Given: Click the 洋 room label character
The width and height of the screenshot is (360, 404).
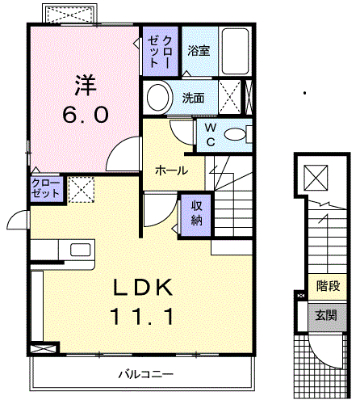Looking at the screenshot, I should [86, 84].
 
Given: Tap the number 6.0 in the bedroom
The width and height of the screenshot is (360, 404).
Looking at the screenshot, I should [86, 115].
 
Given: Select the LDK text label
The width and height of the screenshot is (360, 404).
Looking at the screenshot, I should [142, 287].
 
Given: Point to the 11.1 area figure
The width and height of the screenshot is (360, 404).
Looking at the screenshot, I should [142, 318].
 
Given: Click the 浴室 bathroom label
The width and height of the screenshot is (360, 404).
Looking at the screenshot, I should [199, 50].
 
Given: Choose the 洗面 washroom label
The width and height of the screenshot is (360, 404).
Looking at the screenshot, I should [192, 99].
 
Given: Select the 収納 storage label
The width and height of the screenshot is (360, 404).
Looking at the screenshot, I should [197, 213].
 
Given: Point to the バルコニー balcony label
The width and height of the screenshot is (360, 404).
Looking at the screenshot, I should [145, 373].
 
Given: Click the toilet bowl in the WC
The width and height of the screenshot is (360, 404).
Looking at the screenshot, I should [237, 135].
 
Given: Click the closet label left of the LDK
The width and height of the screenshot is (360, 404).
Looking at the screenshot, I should [45, 190].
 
